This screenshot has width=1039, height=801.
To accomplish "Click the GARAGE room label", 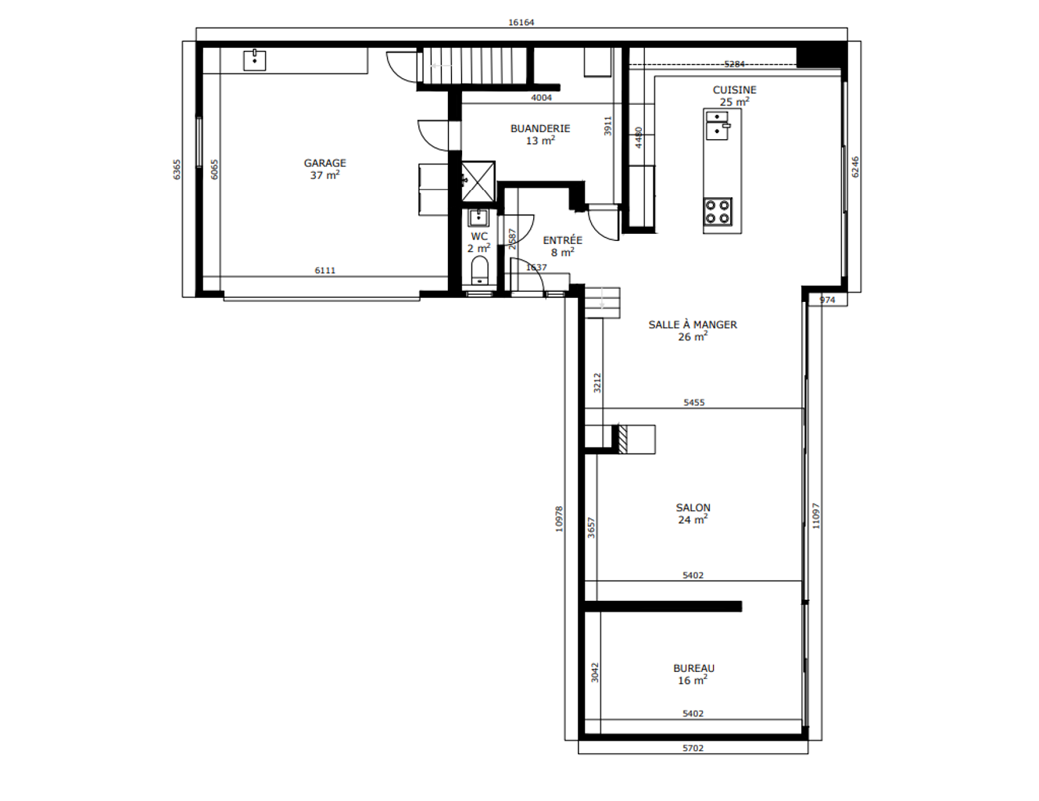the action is click(324, 163).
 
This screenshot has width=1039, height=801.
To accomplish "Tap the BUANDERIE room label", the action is click(540, 128).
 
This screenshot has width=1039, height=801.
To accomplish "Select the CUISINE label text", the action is click(734, 90).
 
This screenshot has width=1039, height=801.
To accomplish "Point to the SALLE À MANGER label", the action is click(693, 325).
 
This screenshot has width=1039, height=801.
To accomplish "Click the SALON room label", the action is click(693, 508).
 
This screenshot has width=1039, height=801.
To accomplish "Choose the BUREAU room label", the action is click(693, 669).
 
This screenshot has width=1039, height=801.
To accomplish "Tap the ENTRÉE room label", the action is click(562, 240).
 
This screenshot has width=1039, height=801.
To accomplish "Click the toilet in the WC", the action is click(479, 271).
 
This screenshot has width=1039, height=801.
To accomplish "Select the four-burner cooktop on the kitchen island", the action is click(718, 212).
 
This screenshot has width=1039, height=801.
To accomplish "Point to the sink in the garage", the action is click(254, 60).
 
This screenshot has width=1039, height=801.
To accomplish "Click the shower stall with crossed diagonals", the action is click(478, 181).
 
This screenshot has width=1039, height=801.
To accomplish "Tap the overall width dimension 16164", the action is click(521, 23).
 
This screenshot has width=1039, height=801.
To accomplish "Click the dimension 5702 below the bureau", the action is click(693, 749).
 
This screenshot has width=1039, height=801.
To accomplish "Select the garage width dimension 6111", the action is click(325, 271).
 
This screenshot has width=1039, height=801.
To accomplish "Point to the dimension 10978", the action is click(560, 519).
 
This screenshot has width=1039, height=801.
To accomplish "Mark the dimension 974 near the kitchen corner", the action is click(827, 300).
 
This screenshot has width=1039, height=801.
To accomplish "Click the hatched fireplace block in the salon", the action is click(622, 440).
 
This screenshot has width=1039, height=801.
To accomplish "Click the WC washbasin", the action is click(478, 217).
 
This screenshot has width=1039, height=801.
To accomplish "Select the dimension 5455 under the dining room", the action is click(693, 403).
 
